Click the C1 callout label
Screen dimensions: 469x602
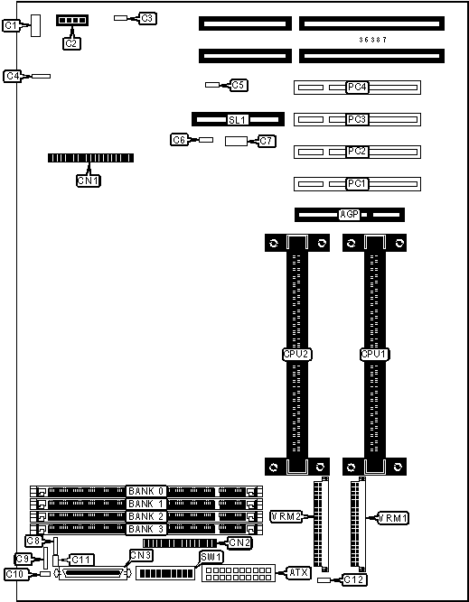click(x=11, y=26)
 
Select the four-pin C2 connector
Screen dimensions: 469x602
click(x=72, y=20)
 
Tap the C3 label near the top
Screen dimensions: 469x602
click(x=147, y=18)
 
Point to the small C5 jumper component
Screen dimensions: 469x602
click(x=211, y=85)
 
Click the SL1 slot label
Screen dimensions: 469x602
click(x=237, y=120)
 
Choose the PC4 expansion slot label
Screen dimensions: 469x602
click(x=357, y=88)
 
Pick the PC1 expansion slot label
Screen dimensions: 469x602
click(x=357, y=184)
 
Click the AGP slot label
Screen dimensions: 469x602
click(x=350, y=215)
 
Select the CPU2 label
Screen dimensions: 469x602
click(x=296, y=355)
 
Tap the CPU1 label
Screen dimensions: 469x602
click(x=373, y=355)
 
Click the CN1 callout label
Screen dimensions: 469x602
click(x=89, y=181)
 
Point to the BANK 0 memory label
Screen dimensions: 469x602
click(x=146, y=491)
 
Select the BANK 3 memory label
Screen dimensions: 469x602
click(x=146, y=529)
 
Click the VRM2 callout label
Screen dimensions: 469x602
click(x=286, y=517)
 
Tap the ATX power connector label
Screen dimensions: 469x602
click(x=298, y=573)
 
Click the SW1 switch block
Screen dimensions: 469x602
click(x=166, y=574)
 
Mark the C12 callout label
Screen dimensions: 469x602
click(x=354, y=579)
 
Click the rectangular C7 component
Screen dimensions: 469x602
click(x=235, y=141)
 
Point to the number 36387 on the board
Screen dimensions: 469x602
click(x=372, y=40)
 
